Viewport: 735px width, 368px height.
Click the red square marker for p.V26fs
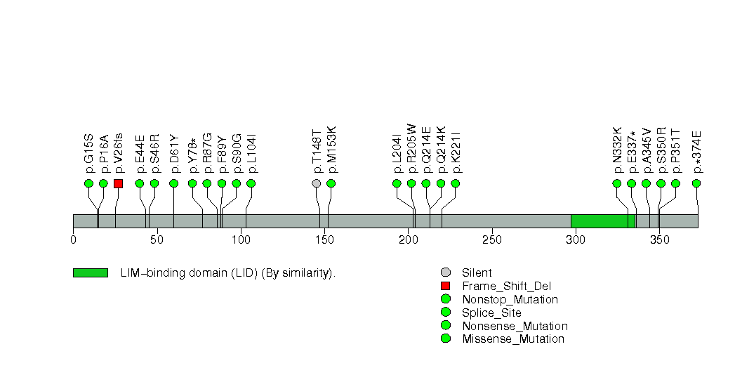coord(118,183)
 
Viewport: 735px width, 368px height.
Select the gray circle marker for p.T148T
coord(317,183)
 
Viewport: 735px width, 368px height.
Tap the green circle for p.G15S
coord(88,183)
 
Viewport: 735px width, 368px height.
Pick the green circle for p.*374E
coord(696,183)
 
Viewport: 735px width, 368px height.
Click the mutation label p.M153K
coord(331,150)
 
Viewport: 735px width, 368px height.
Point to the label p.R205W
coord(411,148)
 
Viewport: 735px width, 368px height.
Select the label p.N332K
coord(617,150)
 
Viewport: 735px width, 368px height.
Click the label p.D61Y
coord(174,152)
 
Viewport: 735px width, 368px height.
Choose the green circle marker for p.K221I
coord(456,183)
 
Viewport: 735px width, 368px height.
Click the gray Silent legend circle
coord(445,272)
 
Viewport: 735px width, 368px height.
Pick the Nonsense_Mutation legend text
coord(515,326)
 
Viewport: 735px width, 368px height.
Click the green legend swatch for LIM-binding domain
coord(90,272)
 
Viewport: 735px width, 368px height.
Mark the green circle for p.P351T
coord(675,183)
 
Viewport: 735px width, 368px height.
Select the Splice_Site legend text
coord(491,313)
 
